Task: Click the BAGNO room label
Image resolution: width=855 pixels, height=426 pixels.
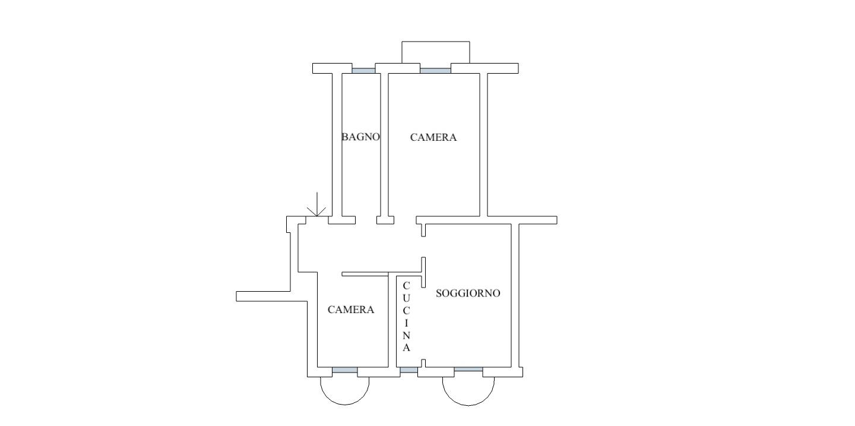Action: point(360,137)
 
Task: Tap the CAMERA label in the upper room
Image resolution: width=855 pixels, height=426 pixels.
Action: point(433,137)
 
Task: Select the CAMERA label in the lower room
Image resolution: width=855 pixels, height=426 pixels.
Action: point(351,310)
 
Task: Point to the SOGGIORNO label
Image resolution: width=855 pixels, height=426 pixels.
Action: point(468,293)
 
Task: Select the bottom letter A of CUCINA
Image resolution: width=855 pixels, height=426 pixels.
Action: point(406,348)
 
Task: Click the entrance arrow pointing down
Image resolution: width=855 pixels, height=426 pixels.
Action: point(317,206)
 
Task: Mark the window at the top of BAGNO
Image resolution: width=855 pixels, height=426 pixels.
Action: point(363,70)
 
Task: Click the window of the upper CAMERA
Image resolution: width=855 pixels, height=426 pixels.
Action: point(435,70)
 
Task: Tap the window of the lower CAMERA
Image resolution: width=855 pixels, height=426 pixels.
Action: point(344,371)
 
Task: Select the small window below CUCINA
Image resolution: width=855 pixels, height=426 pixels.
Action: point(408,371)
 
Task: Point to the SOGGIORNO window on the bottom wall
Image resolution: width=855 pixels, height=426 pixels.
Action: point(468,370)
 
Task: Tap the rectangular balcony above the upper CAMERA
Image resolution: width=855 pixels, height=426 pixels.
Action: point(435,52)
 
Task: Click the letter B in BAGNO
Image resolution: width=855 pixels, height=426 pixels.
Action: point(344,137)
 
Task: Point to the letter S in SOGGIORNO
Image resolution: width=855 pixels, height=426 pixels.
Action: point(439,293)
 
